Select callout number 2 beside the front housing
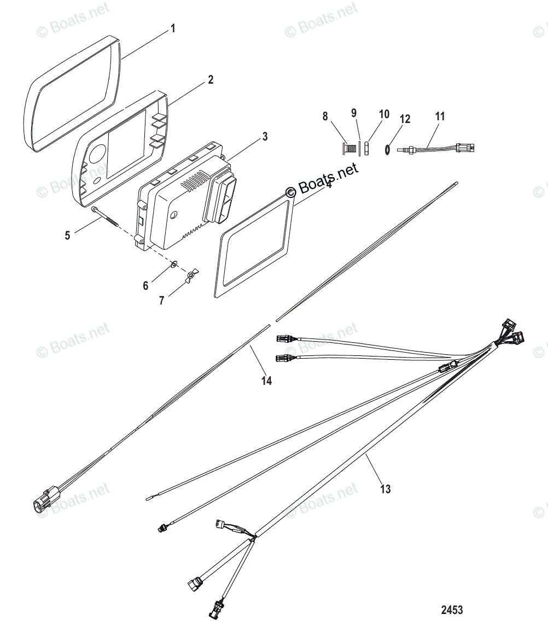coord(210,80)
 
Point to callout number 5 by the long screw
coord(67,236)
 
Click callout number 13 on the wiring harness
coord(386,488)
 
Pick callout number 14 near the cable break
coord(266,381)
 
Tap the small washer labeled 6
coord(173,265)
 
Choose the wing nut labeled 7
coord(191,276)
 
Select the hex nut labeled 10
coord(367,148)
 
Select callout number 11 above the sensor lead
coord(440,116)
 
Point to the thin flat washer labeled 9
coord(359,148)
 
